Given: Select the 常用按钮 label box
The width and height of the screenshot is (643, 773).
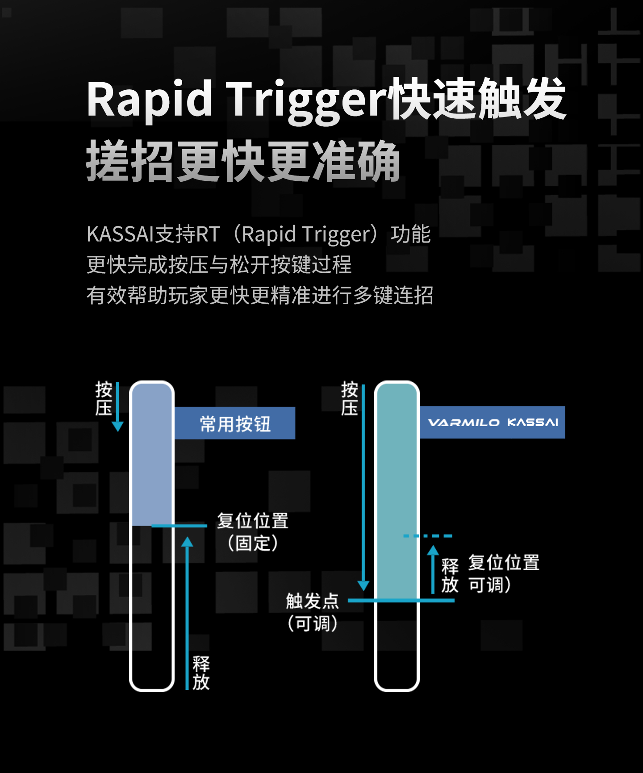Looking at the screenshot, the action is (234, 423).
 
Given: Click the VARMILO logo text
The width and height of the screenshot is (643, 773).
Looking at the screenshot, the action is (464, 422).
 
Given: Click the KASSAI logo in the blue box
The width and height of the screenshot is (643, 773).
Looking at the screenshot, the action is (533, 422).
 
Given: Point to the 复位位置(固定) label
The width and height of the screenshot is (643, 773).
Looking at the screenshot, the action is (253, 532).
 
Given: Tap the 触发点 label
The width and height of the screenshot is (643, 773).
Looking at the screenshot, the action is (312, 601).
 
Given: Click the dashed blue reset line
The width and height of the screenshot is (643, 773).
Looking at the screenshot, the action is (428, 535).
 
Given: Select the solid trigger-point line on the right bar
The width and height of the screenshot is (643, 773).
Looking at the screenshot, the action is (401, 601).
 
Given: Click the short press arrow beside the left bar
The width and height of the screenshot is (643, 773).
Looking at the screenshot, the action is (118, 407).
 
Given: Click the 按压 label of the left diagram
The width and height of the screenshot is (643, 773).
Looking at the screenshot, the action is (104, 398).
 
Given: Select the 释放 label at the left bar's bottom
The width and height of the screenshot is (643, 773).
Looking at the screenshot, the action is (201, 673).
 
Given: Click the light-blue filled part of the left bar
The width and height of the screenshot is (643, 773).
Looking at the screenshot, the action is (152, 455).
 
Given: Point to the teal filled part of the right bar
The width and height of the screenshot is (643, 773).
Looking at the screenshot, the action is (397, 492).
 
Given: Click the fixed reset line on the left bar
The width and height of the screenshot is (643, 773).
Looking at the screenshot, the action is (179, 526).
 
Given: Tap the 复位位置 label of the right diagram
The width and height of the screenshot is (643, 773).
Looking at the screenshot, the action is (504, 563).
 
